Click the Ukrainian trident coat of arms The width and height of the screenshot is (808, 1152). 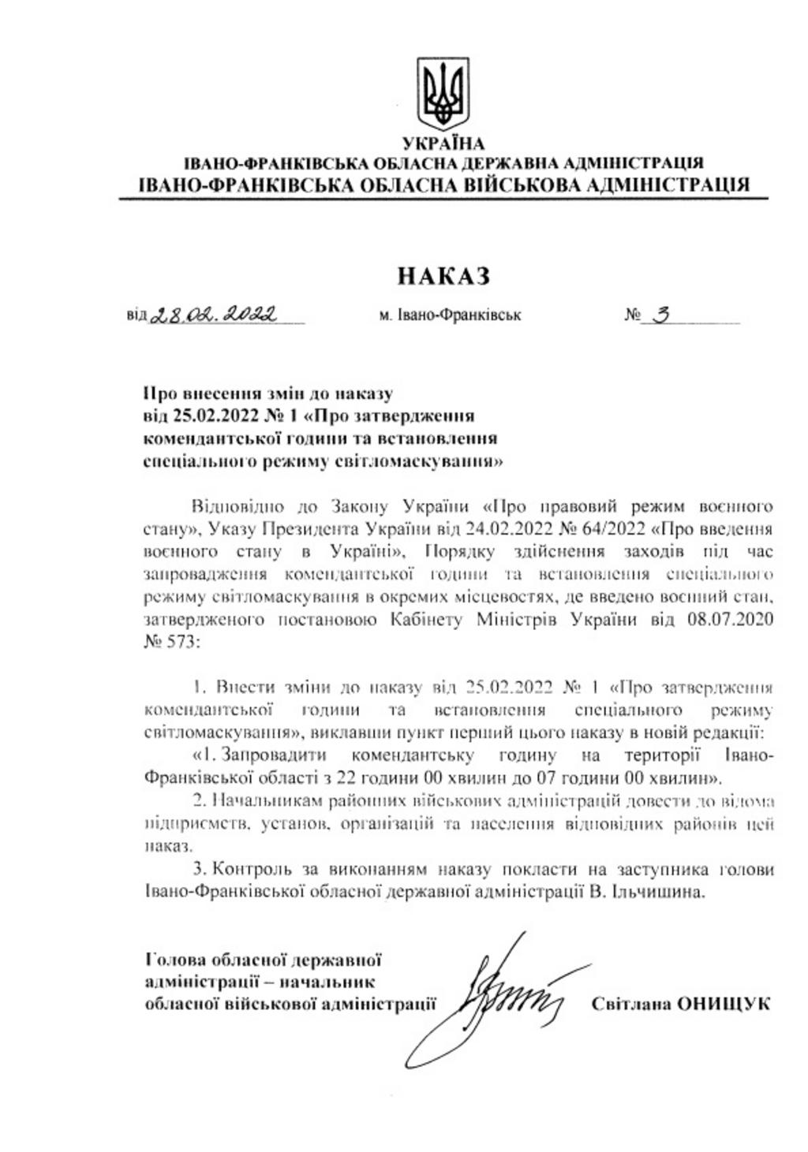[x=443, y=95]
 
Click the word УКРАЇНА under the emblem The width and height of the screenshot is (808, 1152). [x=443, y=144]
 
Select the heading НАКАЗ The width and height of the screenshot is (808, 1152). [x=443, y=276]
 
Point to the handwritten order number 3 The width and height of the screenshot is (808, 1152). [x=661, y=315]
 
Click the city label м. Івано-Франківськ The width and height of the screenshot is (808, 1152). [x=450, y=315]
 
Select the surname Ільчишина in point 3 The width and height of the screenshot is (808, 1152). [x=660, y=892]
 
